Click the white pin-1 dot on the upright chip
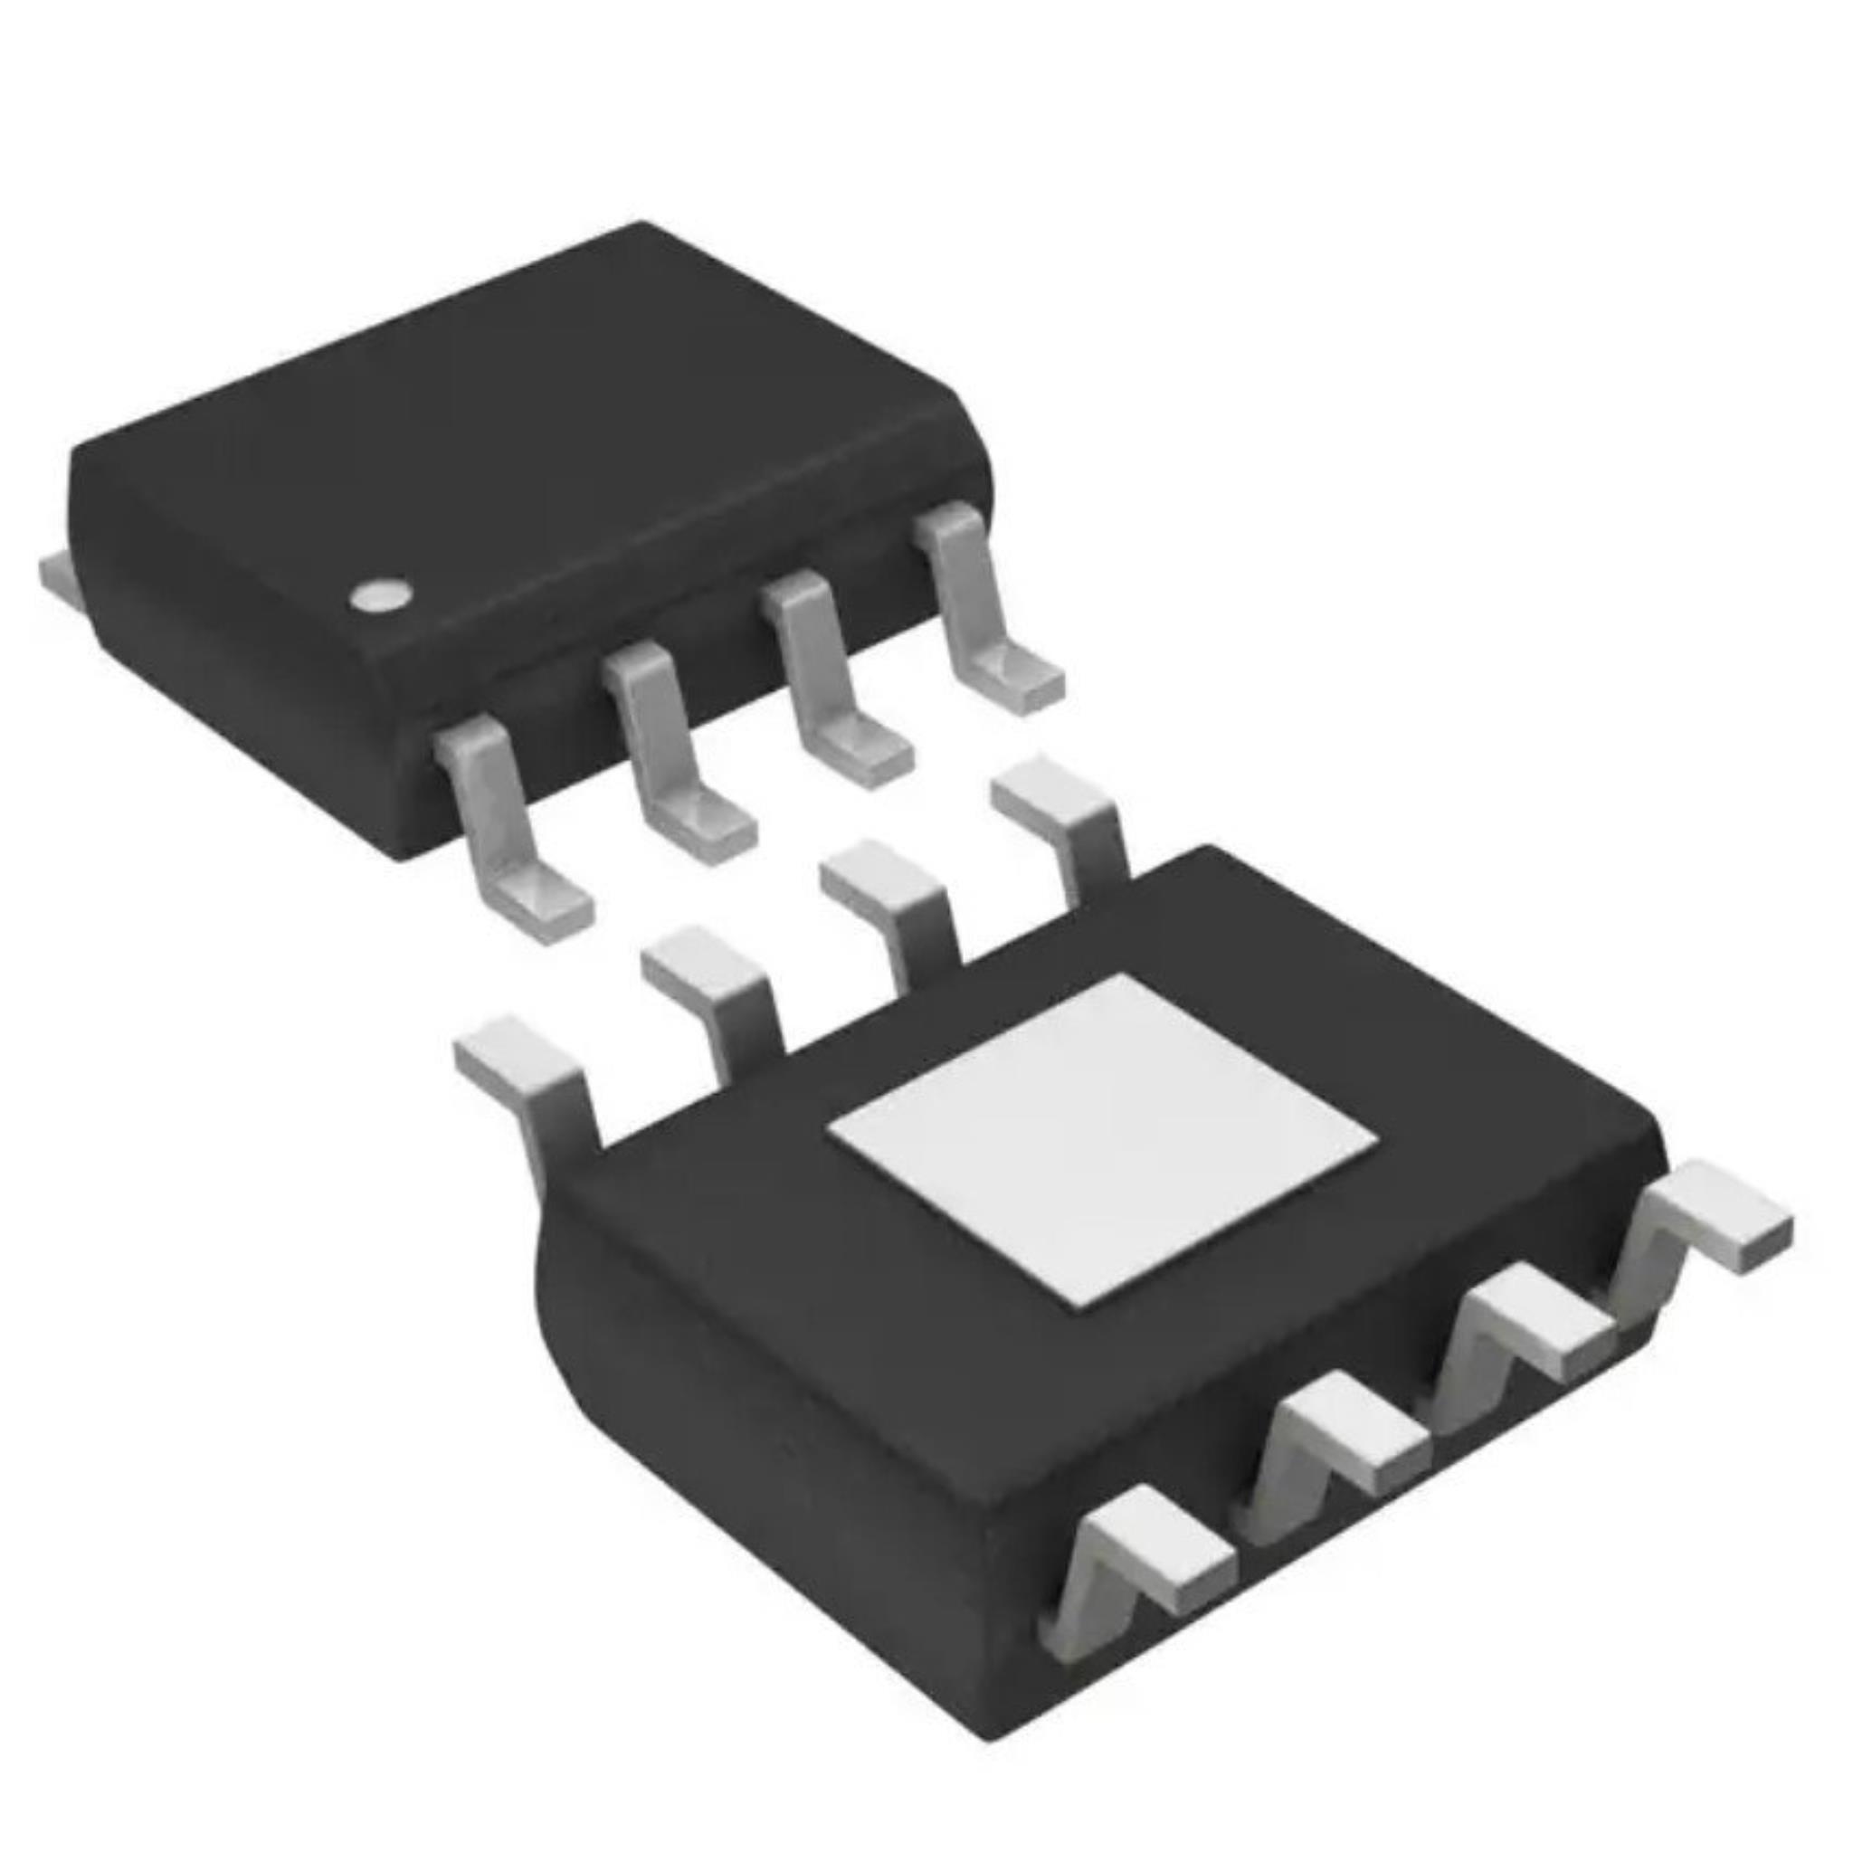click(380, 595)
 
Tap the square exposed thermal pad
click(1103, 1141)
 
